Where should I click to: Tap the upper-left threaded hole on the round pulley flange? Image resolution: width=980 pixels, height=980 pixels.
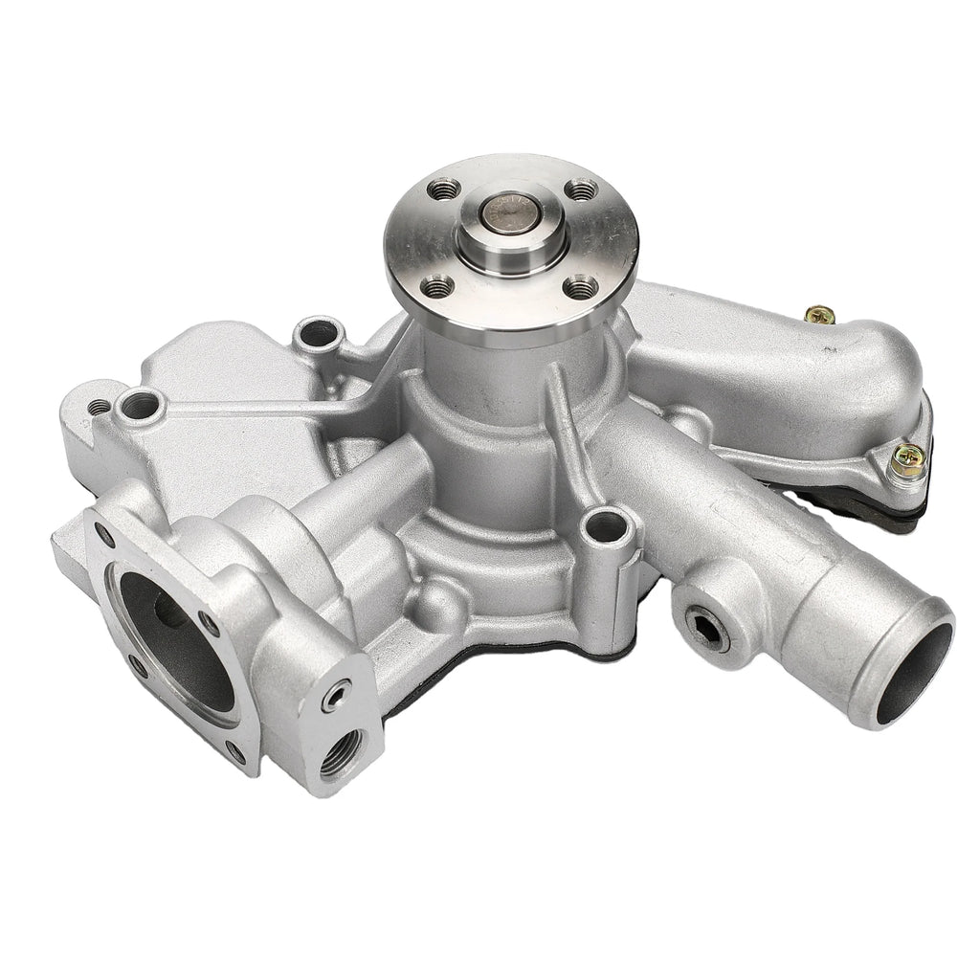coord(441,190)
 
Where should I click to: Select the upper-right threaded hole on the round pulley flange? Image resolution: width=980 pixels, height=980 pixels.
coord(579,189)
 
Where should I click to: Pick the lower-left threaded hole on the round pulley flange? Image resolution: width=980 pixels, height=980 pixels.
coord(438,284)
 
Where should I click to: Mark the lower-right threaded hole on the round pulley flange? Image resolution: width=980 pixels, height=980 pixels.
coord(580,286)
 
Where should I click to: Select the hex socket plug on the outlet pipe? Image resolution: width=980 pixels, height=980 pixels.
coord(710,627)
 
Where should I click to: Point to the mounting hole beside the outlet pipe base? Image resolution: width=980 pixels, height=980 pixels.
coord(607,525)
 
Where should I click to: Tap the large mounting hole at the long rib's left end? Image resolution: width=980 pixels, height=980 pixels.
coord(140,407)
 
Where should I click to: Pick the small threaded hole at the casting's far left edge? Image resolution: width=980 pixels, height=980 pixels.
coord(99,408)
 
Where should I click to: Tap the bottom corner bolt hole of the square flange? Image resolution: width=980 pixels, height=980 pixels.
coord(235,750)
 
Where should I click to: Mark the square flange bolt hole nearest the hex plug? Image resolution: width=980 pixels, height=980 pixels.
coord(209,624)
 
